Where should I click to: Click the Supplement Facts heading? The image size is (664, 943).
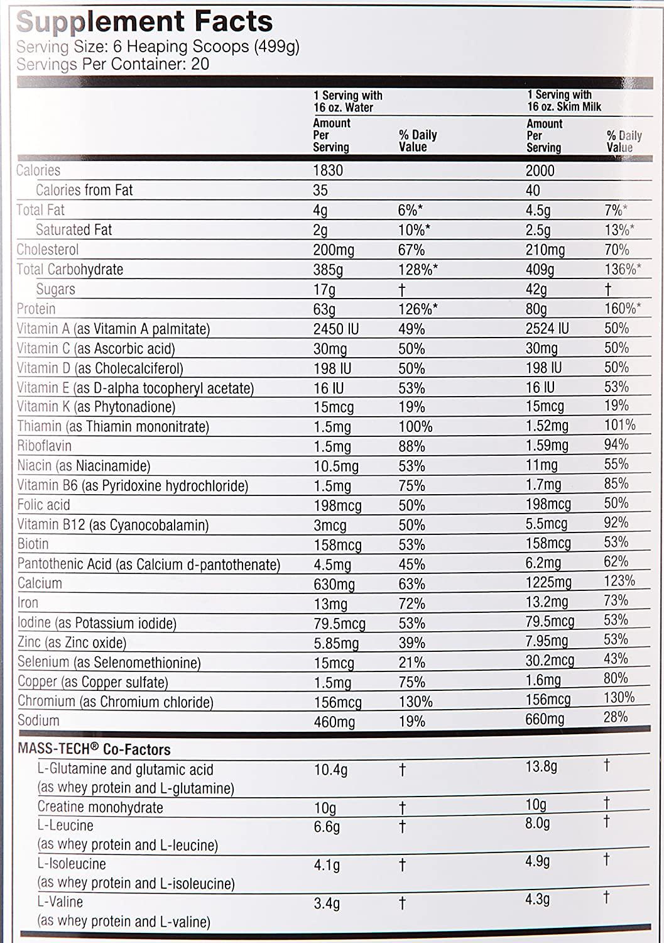pyautogui.click(x=144, y=22)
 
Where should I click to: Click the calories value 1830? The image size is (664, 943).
pyautogui.click(x=328, y=170)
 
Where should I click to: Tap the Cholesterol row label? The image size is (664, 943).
pyautogui.click(x=48, y=250)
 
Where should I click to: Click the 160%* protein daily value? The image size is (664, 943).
pyautogui.click(x=623, y=309)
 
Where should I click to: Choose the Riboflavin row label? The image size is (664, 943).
pyautogui.click(x=45, y=446)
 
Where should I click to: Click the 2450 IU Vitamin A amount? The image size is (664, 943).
pyautogui.click(x=337, y=329)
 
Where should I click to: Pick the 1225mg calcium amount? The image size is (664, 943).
pyautogui.click(x=548, y=582)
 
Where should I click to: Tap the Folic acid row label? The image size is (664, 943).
pyautogui.click(x=44, y=505)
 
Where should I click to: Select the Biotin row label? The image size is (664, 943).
pyautogui.click(x=33, y=544)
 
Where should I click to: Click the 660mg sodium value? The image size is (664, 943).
pyautogui.click(x=545, y=719)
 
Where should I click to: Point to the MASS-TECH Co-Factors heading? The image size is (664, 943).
pyautogui.click(x=94, y=749)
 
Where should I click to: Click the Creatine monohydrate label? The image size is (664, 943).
pyautogui.click(x=100, y=807)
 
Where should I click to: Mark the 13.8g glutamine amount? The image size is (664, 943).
pyautogui.click(x=541, y=766)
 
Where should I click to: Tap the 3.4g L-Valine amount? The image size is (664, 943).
pyautogui.click(x=327, y=904)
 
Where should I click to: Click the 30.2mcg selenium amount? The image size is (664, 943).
pyautogui.click(x=550, y=660)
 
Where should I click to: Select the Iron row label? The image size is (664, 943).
pyautogui.click(x=28, y=603)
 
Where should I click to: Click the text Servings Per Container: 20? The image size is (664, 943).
pyautogui.click(x=113, y=64)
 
